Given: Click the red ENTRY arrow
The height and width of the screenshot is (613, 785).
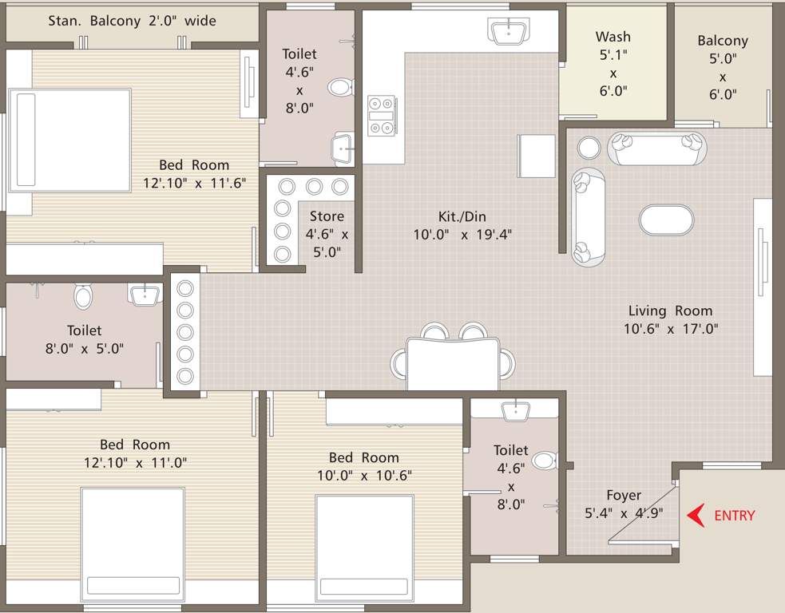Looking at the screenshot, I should tap(696, 516).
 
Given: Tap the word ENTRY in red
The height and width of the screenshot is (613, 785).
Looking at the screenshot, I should tap(734, 516).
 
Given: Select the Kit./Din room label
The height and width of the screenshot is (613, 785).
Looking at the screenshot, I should tap(462, 216).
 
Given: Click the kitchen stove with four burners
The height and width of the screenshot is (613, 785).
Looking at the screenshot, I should tap(380, 115).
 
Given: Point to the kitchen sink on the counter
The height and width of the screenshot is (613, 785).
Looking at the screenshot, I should tap(508, 33).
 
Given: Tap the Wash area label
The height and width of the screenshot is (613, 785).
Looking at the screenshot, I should tap(613, 37).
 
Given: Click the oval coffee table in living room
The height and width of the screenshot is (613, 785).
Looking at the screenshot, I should tap(666, 219).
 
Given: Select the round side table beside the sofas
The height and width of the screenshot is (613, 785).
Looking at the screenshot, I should tap(589, 148).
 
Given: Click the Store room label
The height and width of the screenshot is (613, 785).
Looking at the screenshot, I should tap(327, 216).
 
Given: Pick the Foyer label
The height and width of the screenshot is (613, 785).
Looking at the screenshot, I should tap(624, 495).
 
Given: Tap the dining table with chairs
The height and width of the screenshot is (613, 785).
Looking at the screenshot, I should tap(452, 361).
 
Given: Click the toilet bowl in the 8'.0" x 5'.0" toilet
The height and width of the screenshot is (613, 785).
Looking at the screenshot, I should tap(84, 297).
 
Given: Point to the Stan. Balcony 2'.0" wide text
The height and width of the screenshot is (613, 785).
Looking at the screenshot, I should tap(132, 21).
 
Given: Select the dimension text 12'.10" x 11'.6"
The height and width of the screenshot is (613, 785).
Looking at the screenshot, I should tap(194, 182).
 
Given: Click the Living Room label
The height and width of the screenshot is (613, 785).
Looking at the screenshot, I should tap(670, 310).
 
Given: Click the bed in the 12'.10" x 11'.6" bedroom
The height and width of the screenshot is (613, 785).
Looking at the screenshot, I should tap(70, 140).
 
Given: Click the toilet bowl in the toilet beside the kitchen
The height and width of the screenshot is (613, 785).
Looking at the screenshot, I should tap(341, 86).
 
